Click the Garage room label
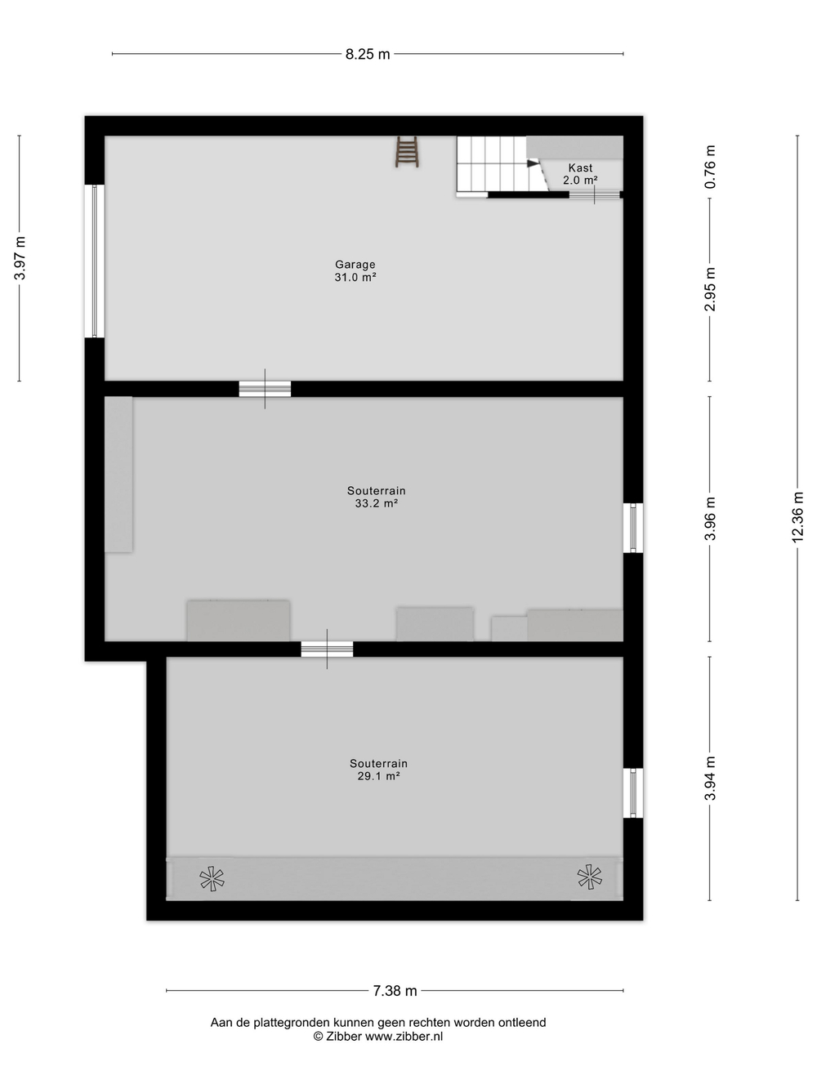[355, 265]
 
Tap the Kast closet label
[580, 167]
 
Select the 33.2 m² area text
[376, 503]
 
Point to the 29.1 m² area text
[378, 776]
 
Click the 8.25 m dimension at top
[368, 54]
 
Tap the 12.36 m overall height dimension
[797, 517]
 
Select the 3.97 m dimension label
[20, 258]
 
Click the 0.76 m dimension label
[710, 167]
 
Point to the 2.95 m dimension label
[710, 289]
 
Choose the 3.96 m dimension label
[710, 519]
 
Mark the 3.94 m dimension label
[710, 779]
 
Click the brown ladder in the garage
[407, 152]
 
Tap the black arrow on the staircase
[532, 163]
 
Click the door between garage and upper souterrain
[265, 389]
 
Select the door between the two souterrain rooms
[327, 649]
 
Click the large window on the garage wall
[94, 261]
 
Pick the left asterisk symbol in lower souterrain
[212, 879]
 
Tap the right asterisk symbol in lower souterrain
[589, 877]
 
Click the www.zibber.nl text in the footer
[404, 1037]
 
